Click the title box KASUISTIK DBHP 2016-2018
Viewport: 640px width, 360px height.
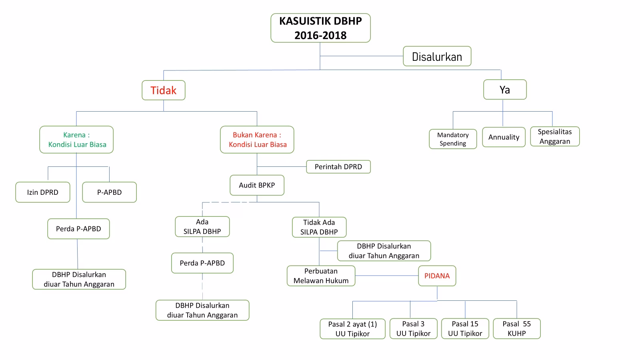[x=320, y=28]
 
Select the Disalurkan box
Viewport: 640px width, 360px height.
[x=437, y=56]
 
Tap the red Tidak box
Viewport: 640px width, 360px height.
[x=163, y=90]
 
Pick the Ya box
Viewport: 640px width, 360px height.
[x=505, y=90]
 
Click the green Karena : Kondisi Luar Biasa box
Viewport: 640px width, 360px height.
[x=76, y=140]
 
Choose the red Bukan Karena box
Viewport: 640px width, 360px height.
[x=257, y=140]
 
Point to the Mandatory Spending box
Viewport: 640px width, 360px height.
[x=453, y=139]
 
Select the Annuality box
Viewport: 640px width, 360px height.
[x=504, y=137]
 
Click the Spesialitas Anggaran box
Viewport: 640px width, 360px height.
[x=555, y=136]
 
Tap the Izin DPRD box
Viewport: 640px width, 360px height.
[x=43, y=192]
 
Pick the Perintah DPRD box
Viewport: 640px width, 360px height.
[x=338, y=167]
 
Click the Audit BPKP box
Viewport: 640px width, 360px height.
[x=257, y=185]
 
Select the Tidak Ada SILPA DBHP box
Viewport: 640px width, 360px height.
[x=319, y=227]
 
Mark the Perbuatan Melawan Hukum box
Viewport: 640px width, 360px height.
[x=321, y=276]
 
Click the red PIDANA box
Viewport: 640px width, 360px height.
[x=437, y=276]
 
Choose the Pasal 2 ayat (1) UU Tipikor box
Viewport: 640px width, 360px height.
[x=352, y=329]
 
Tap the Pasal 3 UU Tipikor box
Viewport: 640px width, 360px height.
[x=413, y=329]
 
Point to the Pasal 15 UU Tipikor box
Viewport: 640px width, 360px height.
[x=465, y=329]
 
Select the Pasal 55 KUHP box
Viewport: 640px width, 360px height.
[x=516, y=329]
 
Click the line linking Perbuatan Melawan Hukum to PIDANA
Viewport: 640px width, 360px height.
[x=386, y=276]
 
